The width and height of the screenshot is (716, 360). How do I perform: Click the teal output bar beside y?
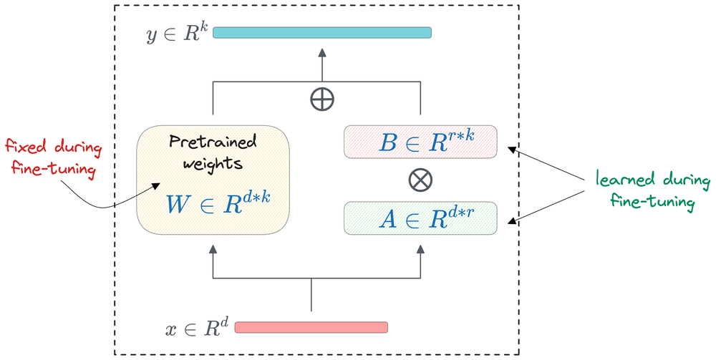322,32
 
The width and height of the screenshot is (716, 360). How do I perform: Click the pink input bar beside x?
311,327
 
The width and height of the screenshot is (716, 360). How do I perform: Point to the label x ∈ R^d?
195,329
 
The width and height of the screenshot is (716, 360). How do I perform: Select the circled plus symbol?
322,98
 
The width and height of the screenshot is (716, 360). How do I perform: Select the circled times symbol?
420,180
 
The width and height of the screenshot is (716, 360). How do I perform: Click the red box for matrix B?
420,142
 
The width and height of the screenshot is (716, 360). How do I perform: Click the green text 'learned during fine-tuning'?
652,190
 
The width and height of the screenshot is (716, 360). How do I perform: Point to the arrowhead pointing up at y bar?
322,52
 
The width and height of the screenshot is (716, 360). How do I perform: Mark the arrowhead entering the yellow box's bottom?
211,248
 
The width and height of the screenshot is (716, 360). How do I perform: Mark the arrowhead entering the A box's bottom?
420,248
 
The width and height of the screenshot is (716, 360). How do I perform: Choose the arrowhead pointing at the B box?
510,150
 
